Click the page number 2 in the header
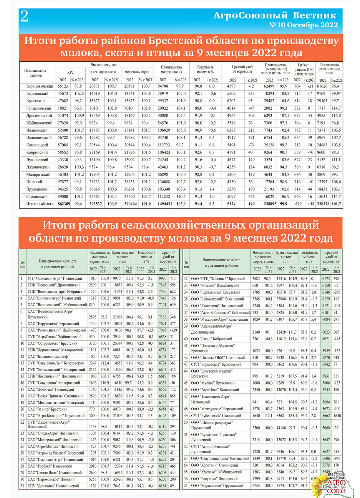coord(24,17)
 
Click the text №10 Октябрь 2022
coord(303,25)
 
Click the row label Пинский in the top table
coord(34,182)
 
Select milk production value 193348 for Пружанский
coord(164,189)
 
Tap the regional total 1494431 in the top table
coord(164,204)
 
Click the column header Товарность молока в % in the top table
coord(205,69)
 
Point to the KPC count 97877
coord(63,182)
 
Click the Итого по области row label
coord(40,204)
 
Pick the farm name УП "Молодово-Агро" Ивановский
coord(55,278)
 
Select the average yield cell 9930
coord(163,278)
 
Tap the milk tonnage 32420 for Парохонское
coord(118,479)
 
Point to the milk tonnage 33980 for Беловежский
coord(281,299)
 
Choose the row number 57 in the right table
coord(186,486)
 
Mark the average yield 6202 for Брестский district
coord(231,101)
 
